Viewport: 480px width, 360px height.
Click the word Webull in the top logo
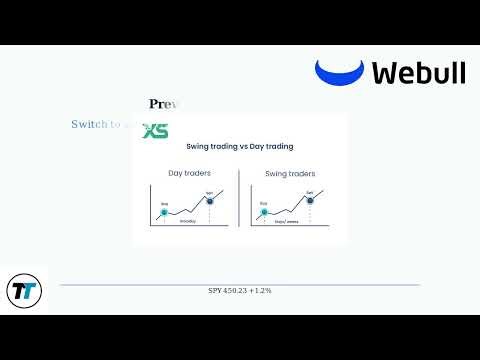click(418, 72)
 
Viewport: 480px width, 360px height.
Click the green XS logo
click(155, 131)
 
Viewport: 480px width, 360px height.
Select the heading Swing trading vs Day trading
click(239, 147)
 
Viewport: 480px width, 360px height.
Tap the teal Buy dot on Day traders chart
click(164, 212)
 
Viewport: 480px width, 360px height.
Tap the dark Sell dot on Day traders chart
click(210, 200)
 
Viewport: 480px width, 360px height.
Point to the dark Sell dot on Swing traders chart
click(309, 200)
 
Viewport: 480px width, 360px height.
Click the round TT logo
click(23, 291)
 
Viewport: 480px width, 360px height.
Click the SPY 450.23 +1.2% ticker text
click(239, 290)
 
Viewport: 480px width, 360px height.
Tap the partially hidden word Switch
click(91, 124)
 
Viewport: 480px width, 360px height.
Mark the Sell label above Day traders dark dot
click(210, 191)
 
